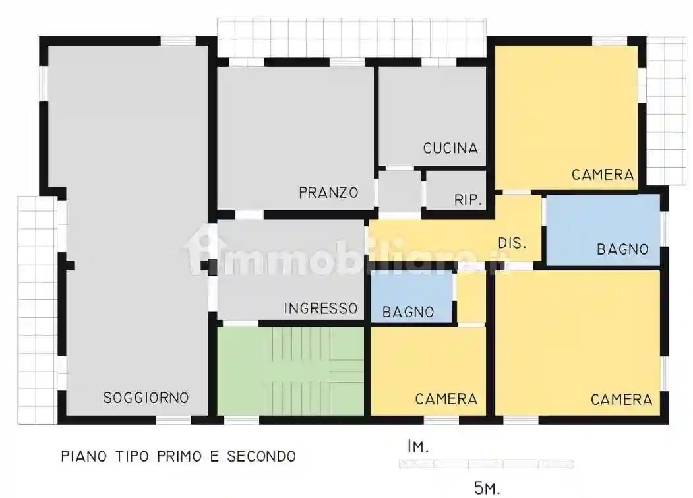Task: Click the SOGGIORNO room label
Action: point(146,398)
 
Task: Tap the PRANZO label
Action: point(328,193)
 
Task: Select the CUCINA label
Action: point(450,148)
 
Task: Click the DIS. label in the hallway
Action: point(512,243)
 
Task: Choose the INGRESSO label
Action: point(320,308)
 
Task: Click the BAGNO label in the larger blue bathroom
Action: point(622,249)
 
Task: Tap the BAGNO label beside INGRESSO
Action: point(408,311)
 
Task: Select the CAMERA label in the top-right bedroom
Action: point(603,175)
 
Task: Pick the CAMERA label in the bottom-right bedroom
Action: point(621,399)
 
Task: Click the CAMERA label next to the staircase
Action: point(446,399)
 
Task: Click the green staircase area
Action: point(290,371)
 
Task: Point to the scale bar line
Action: point(486,464)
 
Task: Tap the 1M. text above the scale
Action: point(418,447)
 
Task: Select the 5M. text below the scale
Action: point(487,487)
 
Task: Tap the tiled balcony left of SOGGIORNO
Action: point(36,310)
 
